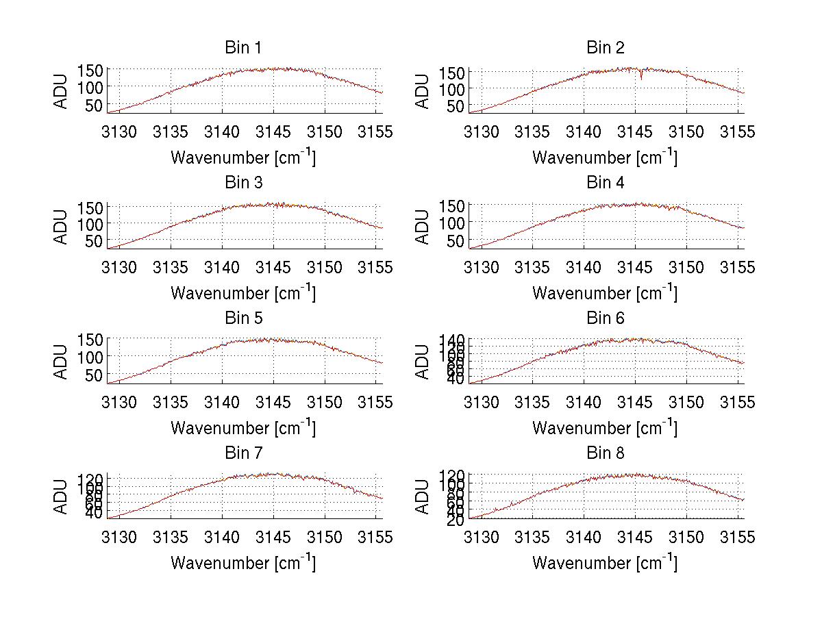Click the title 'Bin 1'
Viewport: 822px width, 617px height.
point(242,48)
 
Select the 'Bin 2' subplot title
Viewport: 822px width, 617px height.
point(606,48)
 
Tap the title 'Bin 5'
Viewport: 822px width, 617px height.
point(242,318)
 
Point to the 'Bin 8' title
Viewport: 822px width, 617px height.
point(606,453)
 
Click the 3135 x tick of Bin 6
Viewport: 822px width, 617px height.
point(532,402)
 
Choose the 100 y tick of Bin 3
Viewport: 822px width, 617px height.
point(90,223)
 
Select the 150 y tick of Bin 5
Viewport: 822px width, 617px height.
point(90,340)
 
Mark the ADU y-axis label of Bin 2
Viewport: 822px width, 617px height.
point(423,91)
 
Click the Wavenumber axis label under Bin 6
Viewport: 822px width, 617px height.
point(605,428)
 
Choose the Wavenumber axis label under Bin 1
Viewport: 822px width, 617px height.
point(243,158)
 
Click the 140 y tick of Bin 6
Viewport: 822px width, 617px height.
point(451,340)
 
